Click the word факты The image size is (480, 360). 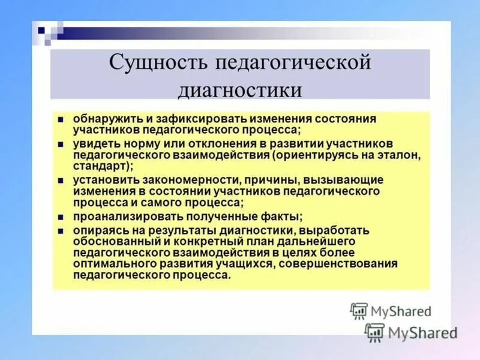pyautogui.click(x=281, y=217)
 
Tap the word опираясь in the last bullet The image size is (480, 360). pyautogui.click(x=97, y=230)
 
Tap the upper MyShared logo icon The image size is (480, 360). pyautogui.click(x=358, y=311)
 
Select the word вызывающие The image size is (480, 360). pyautogui.click(x=343, y=181)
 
